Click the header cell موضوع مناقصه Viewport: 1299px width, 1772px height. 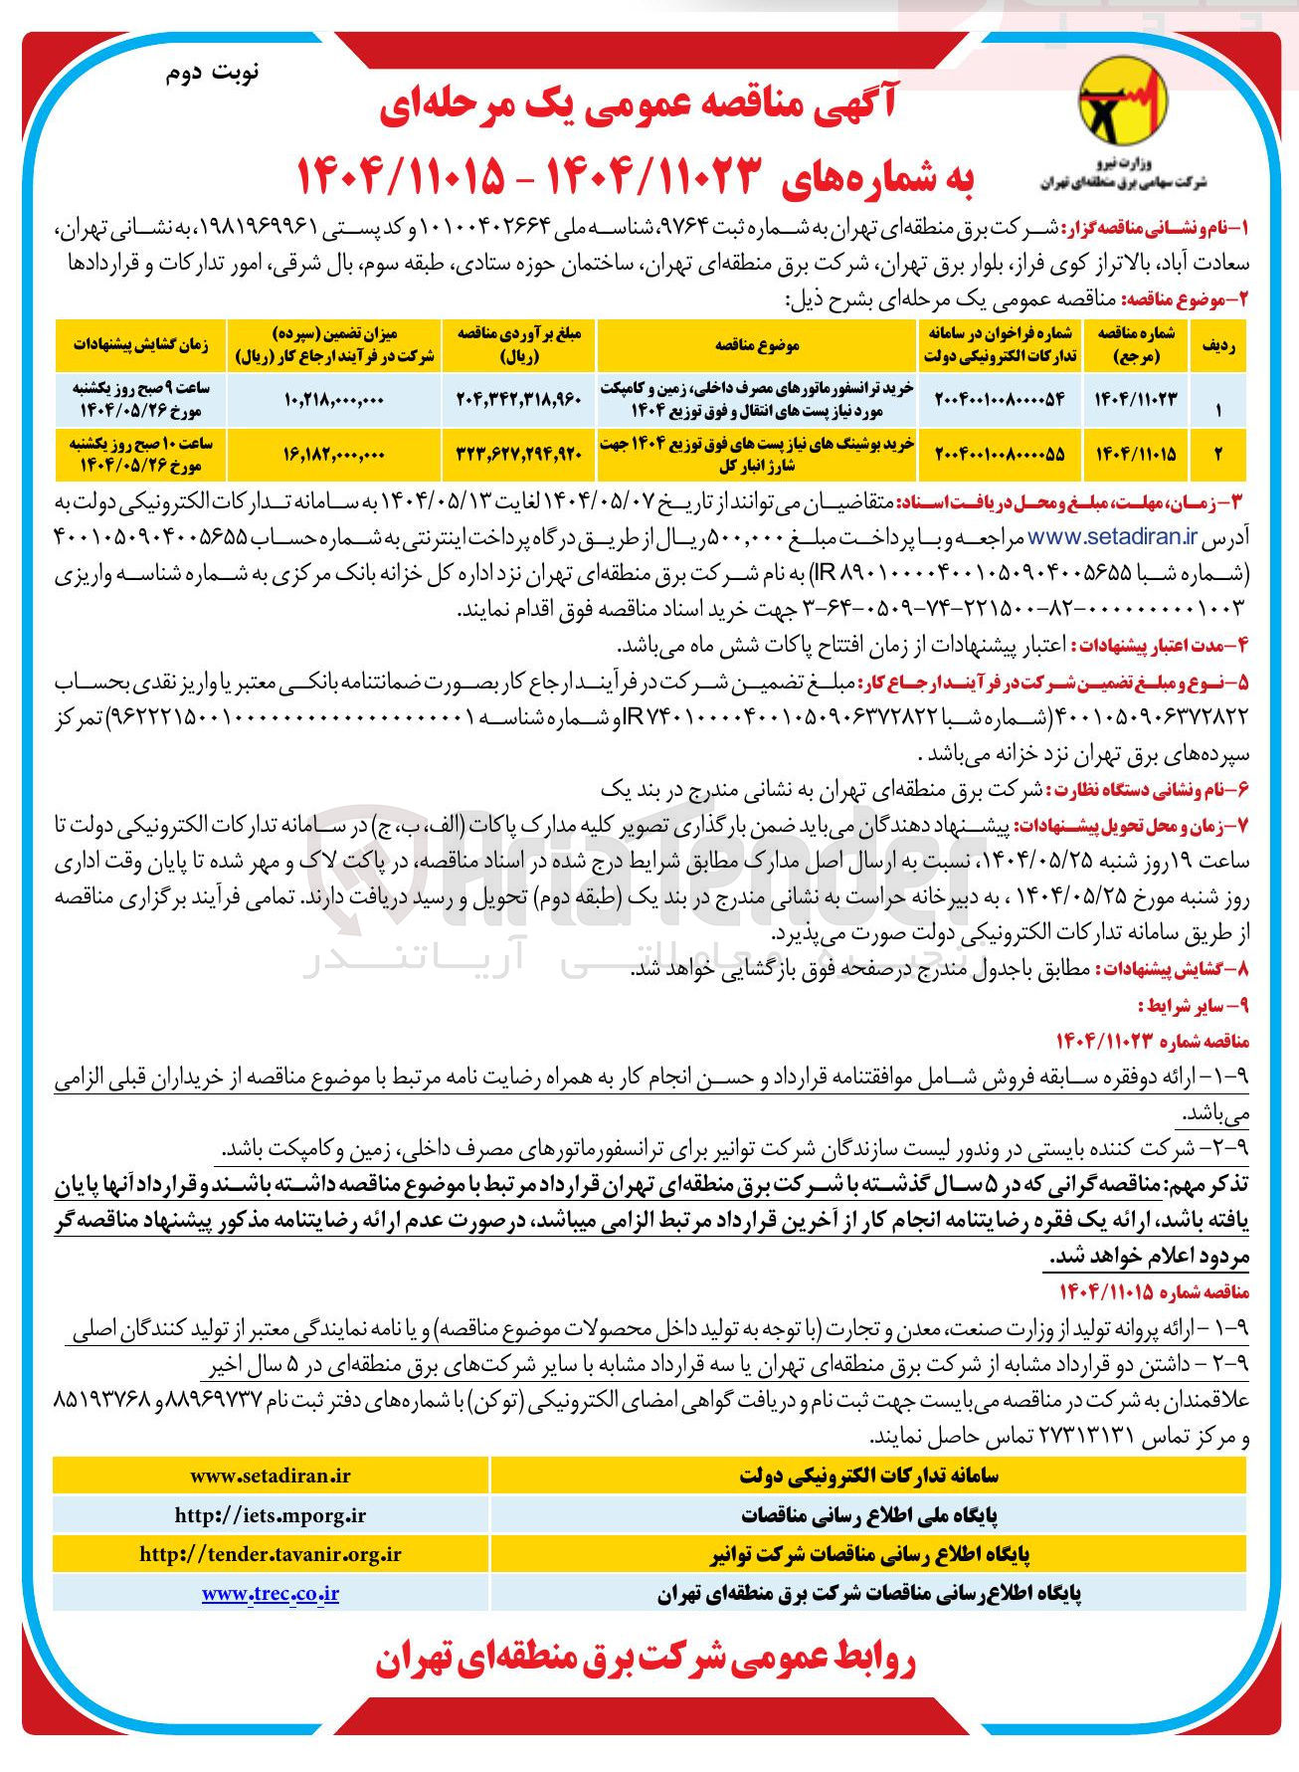757,344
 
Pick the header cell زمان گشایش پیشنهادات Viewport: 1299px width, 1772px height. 140,344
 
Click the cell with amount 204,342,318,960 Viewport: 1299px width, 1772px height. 518,399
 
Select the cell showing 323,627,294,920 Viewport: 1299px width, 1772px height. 518,454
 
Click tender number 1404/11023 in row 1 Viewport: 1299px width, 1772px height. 1135,399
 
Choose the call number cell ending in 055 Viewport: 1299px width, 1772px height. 999,454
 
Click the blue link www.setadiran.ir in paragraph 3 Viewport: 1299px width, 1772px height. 1111,537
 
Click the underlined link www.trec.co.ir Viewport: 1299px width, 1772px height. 270,1593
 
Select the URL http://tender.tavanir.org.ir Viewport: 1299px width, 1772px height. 270,1554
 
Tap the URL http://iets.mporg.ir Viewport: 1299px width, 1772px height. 270,1515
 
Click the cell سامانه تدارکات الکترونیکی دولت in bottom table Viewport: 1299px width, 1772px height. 867,1477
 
